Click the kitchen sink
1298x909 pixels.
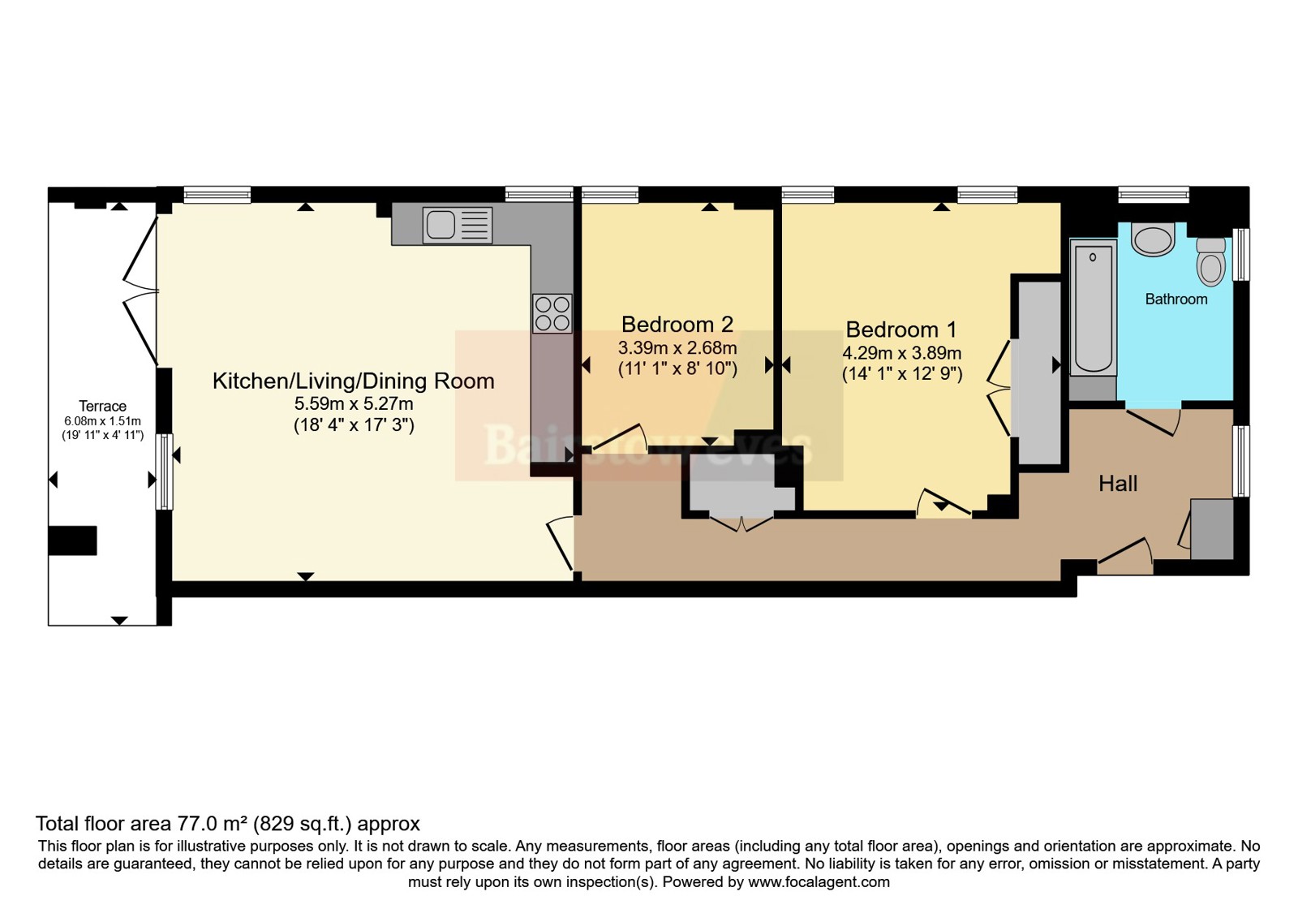pos(458,225)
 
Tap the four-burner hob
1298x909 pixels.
pos(552,313)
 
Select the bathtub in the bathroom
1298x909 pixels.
pos(1093,308)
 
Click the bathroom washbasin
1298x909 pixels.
pos(1153,239)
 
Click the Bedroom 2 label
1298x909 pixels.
pos(677,324)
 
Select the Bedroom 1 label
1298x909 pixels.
pos(901,330)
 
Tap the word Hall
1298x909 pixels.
pos(1118,484)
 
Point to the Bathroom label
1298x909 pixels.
pos(1176,299)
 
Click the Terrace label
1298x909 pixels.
pos(102,406)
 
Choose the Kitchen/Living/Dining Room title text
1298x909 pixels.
pos(354,381)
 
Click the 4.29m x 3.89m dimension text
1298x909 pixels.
pos(901,352)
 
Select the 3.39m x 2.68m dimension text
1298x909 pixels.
pos(677,348)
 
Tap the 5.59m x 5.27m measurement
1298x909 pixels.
pos(354,403)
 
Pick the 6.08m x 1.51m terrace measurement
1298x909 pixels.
pos(102,421)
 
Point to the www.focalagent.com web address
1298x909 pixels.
pos(819,881)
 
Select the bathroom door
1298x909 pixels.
pos(1153,423)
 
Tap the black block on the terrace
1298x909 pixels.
pos(72,541)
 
